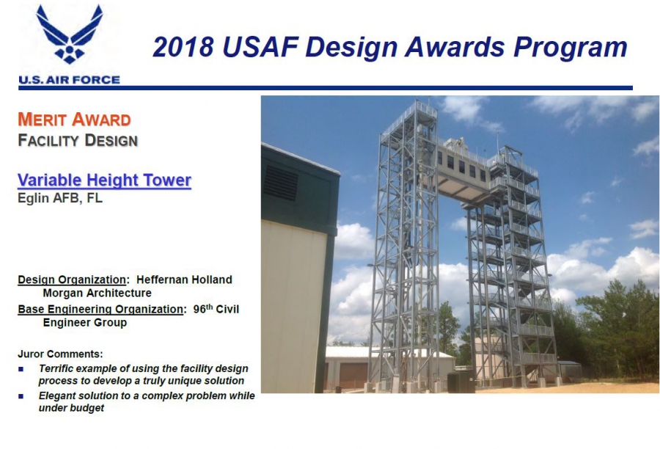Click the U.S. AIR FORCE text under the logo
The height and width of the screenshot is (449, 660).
click(x=69, y=80)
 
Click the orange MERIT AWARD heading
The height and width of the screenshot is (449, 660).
click(x=74, y=120)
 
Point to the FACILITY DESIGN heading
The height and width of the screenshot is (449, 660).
click(x=77, y=140)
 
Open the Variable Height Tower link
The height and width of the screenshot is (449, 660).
click(x=104, y=180)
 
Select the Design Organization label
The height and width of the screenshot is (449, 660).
click(x=71, y=280)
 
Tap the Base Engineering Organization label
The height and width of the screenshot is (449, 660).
click(x=100, y=309)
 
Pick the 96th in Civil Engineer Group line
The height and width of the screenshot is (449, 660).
click(x=206, y=308)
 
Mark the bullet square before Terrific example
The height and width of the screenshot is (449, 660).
click(x=23, y=368)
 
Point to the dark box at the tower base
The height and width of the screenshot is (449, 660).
click(x=461, y=381)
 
